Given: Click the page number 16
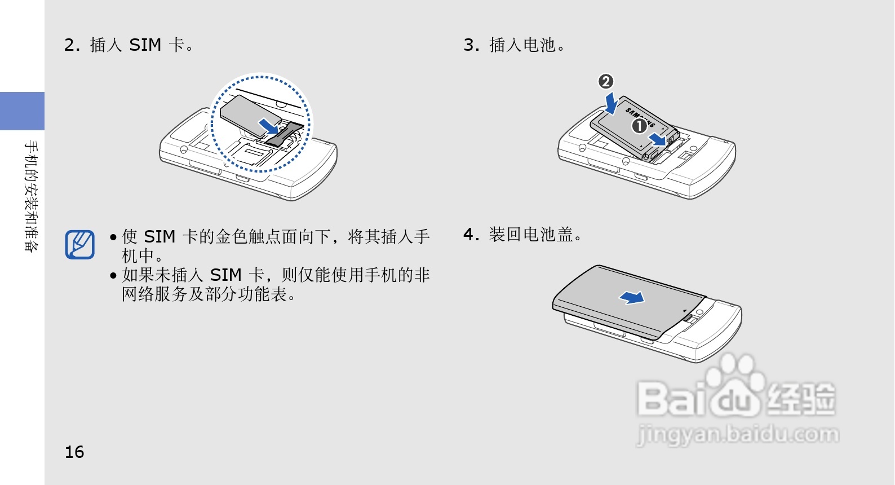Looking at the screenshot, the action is click(x=74, y=452).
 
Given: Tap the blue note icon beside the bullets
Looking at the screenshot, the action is click(x=80, y=244).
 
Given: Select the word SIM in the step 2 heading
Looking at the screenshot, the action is click(x=145, y=45).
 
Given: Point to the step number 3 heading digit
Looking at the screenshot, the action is click(x=469, y=45).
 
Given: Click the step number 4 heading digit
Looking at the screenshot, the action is click(x=469, y=235).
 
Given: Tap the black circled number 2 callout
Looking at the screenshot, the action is click(x=606, y=82).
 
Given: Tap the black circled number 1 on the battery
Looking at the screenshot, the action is click(x=639, y=126).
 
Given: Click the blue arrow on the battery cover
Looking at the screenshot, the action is click(x=632, y=297).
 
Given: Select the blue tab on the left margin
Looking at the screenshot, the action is click(x=22, y=111).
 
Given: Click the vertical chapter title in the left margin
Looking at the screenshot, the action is click(x=31, y=196).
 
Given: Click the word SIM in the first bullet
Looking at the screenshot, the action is click(x=160, y=237).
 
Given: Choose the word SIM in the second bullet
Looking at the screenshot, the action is click(x=225, y=275).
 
